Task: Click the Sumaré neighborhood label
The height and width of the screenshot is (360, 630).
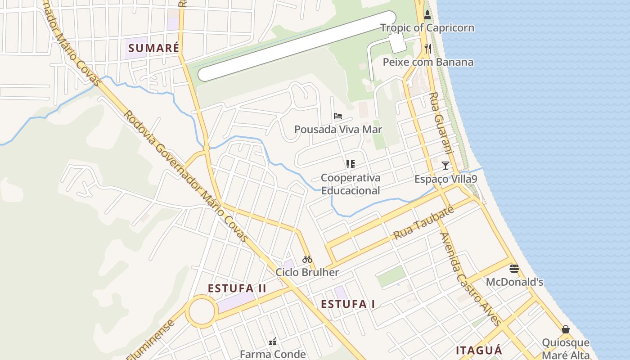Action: click(x=153, y=48)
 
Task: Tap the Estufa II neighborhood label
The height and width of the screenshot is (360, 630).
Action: click(x=237, y=288)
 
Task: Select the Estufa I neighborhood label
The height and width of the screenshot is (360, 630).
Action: click(x=348, y=304)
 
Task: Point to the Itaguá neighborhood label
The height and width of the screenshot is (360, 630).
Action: click(x=479, y=351)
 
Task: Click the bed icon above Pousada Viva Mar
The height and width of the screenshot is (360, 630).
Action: click(x=338, y=116)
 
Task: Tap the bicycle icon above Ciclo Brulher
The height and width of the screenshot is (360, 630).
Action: click(x=307, y=259)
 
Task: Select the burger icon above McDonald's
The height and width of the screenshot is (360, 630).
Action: click(x=514, y=269)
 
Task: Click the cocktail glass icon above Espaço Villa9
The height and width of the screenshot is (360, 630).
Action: click(x=445, y=166)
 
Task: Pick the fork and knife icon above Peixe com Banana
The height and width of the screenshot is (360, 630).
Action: click(x=428, y=49)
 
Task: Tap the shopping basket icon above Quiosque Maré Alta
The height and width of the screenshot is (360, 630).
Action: click(x=566, y=329)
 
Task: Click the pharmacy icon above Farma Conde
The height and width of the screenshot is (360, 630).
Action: click(x=273, y=342)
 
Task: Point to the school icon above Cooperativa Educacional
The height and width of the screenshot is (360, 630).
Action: click(x=350, y=164)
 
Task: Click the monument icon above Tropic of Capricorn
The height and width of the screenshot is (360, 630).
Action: click(x=427, y=15)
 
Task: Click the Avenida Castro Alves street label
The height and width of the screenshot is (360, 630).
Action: click(x=470, y=279)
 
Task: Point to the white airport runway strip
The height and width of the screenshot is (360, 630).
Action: click(x=297, y=46)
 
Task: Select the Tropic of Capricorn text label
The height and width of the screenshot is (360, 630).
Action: click(x=427, y=28)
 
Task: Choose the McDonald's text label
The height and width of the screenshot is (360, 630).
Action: click(x=514, y=282)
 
